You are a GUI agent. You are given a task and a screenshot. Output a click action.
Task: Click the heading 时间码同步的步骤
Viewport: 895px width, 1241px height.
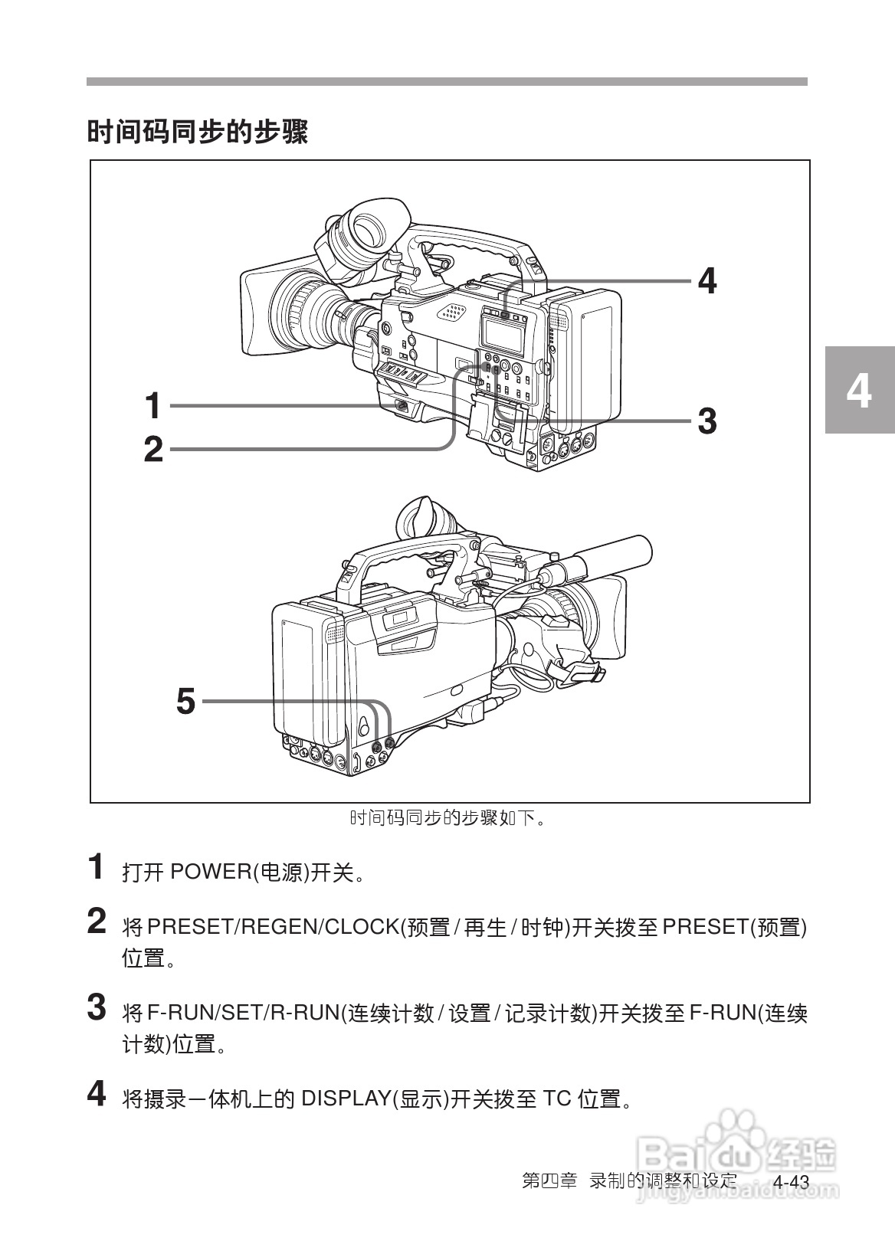[x=197, y=132]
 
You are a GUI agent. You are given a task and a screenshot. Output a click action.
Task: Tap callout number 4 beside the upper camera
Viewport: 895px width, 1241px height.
[x=706, y=281]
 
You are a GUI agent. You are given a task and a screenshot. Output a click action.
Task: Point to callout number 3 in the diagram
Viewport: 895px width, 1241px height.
[x=706, y=421]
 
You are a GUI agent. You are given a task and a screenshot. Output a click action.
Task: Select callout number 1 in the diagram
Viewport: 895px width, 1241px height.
[x=153, y=405]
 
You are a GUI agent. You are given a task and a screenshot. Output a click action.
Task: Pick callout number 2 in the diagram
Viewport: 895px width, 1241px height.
[x=153, y=450]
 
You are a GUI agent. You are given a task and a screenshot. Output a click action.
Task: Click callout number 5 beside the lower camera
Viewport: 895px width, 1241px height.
[x=185, y=701]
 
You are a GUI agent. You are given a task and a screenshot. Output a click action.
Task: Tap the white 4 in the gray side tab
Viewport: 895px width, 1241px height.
[x=858, y=391]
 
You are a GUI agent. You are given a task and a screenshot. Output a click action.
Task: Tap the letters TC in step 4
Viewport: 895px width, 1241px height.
[x=557, y=1099]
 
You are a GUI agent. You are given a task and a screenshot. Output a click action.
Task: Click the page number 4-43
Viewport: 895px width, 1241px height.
[x=790, y=1182]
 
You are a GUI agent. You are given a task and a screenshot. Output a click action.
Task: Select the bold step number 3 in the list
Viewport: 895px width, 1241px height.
[x=97, y=1007]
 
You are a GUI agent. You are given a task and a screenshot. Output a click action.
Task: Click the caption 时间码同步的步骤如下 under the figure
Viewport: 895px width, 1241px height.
[x=447, y=818]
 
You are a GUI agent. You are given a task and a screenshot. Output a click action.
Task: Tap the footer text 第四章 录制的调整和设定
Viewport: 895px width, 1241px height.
[x=628, y=1180]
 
